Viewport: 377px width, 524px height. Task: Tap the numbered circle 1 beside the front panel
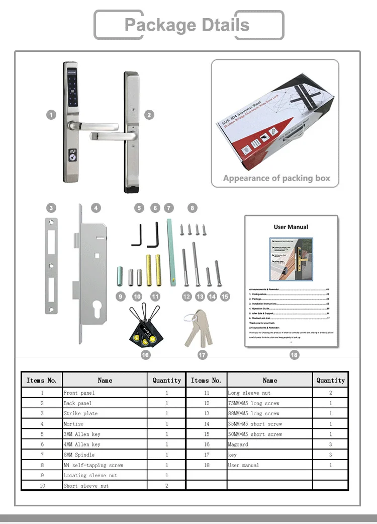(x=51, y=115)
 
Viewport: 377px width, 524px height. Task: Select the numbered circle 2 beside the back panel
(x=149, y=115)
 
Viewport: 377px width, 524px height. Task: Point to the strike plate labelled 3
(x=51, y=266)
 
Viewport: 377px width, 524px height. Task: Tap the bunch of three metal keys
(x=198, y=328)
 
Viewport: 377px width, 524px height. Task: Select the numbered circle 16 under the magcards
(x=145, y=355)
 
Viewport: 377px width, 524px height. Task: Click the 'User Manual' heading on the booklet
(x=291, y=227)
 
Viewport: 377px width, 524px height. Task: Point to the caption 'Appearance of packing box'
(x=276, y=178)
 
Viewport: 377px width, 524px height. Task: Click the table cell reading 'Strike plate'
(x=80, y=413)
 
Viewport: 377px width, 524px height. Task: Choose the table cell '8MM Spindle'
(x=80, y=455)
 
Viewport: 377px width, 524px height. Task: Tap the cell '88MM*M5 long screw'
(x=253, y=413)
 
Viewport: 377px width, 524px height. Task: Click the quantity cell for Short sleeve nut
(x=167, y=486)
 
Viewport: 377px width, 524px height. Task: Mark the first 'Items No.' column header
(x=41, y=381)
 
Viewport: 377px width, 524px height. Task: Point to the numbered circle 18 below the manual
(x=294, y=355)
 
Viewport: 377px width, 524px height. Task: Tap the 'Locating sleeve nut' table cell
(x=90, y=475)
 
